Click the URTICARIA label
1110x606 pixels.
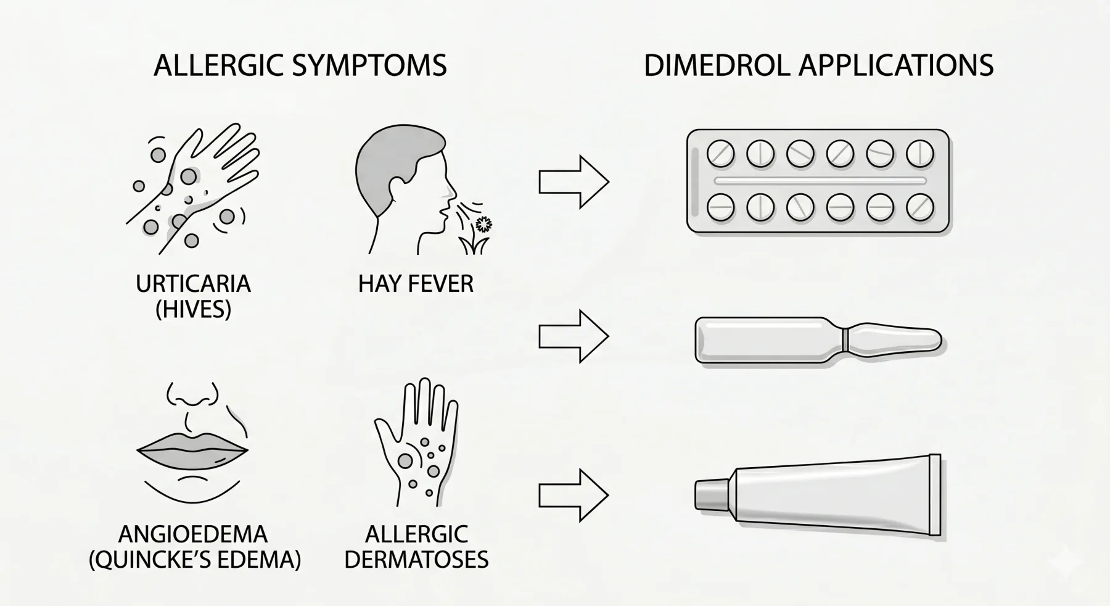193,284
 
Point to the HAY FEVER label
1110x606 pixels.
416,284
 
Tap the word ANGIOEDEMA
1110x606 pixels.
193,534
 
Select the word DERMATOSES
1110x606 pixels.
416,560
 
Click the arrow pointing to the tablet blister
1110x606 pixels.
574,182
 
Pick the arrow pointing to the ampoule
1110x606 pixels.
574,336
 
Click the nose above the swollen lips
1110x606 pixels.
193,395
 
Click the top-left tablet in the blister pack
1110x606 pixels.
720,154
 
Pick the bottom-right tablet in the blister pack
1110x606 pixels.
920,208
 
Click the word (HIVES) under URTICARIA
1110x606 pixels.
193,309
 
